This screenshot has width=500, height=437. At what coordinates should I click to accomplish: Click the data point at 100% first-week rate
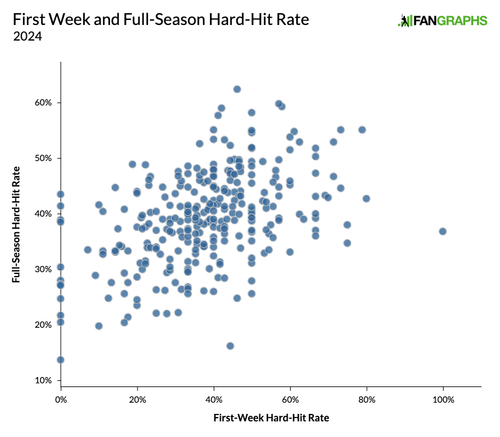[442, 231]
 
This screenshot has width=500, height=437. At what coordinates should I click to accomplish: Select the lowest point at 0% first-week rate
[61, 360]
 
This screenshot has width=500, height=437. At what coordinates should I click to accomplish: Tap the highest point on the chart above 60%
[237, 89]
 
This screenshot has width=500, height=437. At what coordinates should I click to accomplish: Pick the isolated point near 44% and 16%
[230, 346]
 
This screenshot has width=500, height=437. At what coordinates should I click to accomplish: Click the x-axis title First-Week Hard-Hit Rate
[271, 417]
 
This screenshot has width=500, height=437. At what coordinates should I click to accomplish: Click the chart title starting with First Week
[161, 20]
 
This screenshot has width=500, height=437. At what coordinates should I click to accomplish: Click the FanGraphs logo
[442, 21]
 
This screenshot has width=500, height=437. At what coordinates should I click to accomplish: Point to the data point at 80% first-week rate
[366, 199]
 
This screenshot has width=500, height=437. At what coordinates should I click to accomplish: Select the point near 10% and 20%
[99, 326]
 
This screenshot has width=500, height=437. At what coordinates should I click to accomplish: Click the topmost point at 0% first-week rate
[61, 194]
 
